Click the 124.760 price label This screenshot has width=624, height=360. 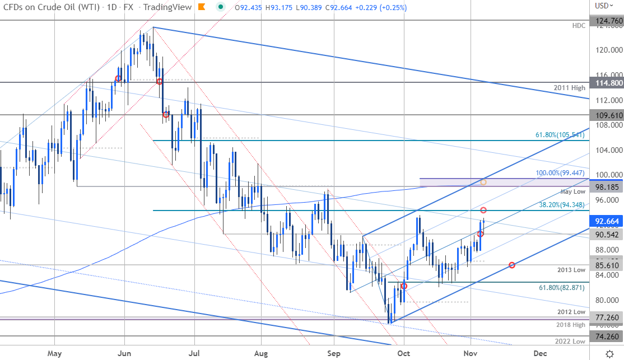(x=608, y=20)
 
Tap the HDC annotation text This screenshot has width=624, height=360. (x=579, y=25)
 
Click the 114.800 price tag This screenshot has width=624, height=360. (x=608, y=82)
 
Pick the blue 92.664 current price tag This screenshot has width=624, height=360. (x=608, y=221)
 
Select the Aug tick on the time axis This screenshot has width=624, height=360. (x=261, y=353)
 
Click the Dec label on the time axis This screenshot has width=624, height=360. (x=540, y=353)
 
